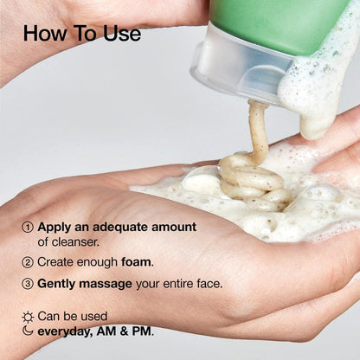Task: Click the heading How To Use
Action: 81,34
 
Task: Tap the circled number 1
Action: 28,228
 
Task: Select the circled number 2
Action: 28,261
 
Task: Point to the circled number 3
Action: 28,283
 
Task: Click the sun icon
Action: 28,317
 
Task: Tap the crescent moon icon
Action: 28,331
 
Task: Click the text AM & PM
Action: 128,331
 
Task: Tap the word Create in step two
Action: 57,261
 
